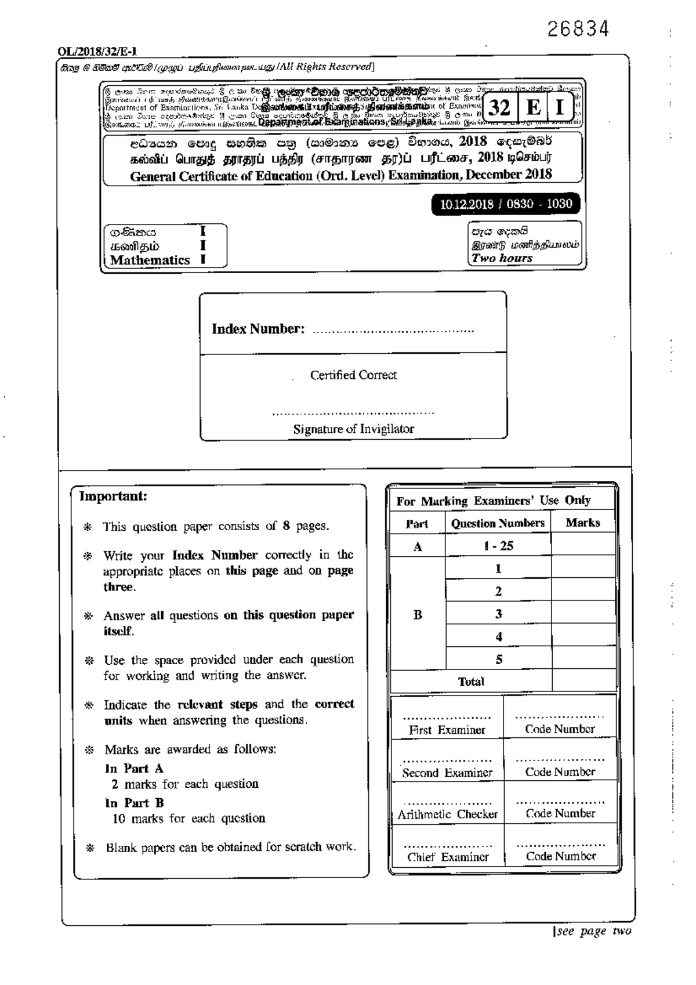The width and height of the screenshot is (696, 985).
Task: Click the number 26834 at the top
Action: (578, 29)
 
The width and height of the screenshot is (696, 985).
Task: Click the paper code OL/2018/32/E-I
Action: (97, 52)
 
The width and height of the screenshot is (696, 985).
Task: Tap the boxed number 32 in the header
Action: (498, 108)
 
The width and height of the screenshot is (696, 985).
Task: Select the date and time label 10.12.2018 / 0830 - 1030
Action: (506, 204)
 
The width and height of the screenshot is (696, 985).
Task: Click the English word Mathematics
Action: (150, 260)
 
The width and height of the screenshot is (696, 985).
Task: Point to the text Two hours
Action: (502, 258)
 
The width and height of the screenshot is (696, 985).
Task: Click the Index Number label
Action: (258, 329)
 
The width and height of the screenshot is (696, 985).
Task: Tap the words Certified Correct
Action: (353, 375)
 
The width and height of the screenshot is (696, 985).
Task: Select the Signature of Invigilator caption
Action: (353, 429)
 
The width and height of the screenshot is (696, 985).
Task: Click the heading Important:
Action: (113, 497)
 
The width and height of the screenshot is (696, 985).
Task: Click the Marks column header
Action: (582, 523)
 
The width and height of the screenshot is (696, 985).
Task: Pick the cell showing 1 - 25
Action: (498, 546)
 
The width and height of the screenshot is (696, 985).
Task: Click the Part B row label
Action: (418, 614)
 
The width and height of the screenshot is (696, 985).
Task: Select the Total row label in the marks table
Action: (470, 682)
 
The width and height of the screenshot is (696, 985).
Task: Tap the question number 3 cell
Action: (498, 614)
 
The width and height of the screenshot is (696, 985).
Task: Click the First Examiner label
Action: (447, 730)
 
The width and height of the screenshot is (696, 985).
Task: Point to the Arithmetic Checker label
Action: (447, 814)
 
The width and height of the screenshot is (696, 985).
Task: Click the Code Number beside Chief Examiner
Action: (560, 856)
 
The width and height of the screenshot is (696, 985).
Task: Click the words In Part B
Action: (135, 803)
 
